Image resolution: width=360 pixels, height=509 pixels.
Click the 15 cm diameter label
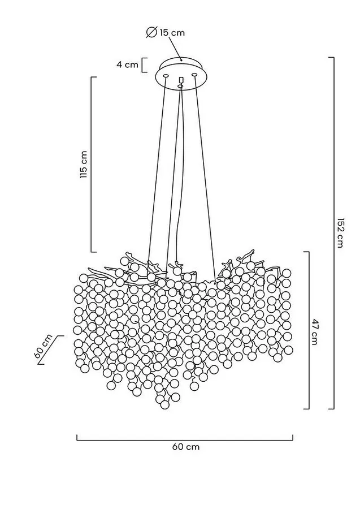(172, 33)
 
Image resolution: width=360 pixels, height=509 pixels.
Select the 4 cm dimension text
(128, 64)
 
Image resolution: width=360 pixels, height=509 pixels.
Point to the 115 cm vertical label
(84, 164)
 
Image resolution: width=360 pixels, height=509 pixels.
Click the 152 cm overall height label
(340, 233)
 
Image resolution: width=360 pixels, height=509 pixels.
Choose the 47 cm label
(315, 331)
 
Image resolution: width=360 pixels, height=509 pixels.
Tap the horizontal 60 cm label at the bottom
(186, 447)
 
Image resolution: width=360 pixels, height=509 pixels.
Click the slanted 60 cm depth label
(43, 346)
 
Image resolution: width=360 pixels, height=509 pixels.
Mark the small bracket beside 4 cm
(144, 65)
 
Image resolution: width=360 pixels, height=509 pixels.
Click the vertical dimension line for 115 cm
(91, 164)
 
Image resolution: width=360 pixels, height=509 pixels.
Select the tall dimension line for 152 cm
(333, 233)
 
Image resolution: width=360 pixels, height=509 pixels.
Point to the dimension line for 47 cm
(309, 330)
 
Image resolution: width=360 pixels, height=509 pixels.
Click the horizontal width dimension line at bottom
(185, 440)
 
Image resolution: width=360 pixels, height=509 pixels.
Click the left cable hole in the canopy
(166, 76)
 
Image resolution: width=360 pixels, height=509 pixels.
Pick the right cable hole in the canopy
(194, 75)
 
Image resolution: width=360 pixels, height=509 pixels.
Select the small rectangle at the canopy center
(181, 80)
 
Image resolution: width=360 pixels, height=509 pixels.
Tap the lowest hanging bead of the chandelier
(165, 404)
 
